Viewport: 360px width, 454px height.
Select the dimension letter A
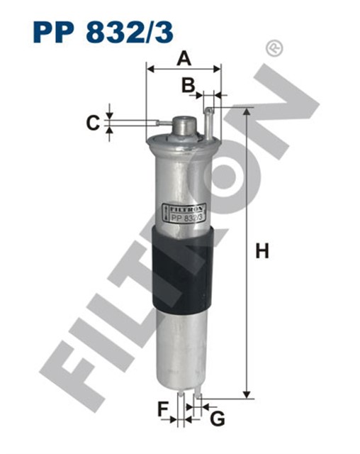click(x=184, y=57)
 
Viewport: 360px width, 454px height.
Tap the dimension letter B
click(x=187, y=86)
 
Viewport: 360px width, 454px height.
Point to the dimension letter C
click(x=92, y=123)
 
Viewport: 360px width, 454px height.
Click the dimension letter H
click(x=262, y=251)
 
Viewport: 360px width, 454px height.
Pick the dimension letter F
click(x=164, y=409)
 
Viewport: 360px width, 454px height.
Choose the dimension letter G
click(x=218, y=419)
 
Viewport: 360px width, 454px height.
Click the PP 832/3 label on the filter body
click(x=185, y=218)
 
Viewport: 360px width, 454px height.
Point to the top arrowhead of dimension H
click(x=247, y=113)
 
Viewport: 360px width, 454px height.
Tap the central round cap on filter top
click(x=184, y=127)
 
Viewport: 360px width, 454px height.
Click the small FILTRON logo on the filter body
click(x=185, y=209)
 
